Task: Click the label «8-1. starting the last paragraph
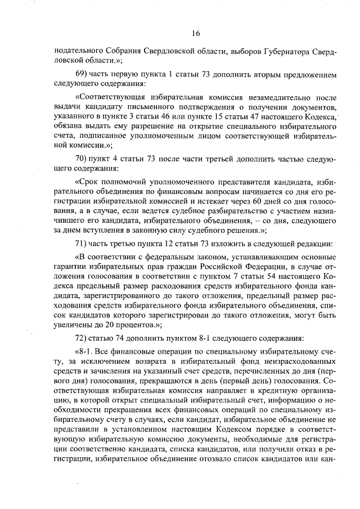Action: point(86,352)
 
